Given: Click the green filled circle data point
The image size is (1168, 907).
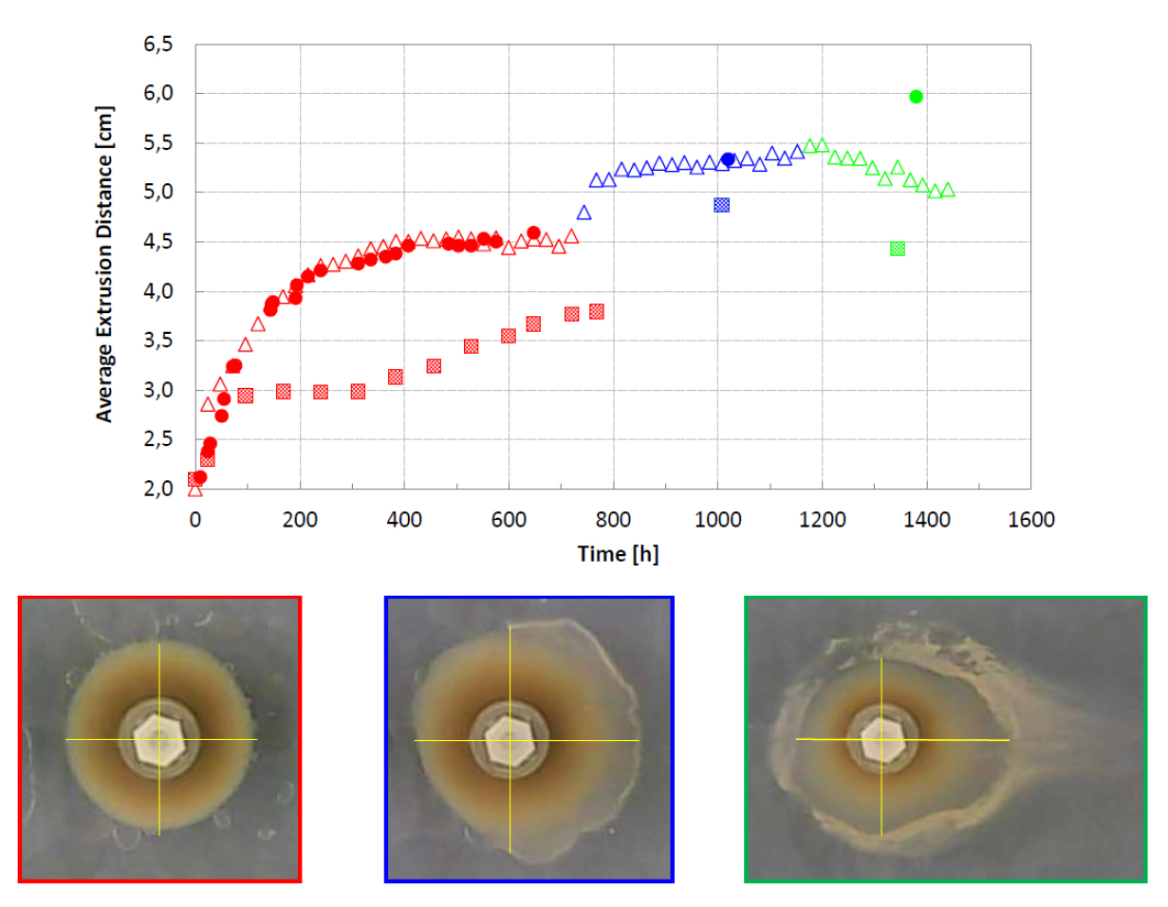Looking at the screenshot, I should (x=916, y=96).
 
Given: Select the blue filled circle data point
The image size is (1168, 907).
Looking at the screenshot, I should (x=728, y=159).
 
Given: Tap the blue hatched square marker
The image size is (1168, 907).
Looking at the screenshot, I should (x=721, y=204).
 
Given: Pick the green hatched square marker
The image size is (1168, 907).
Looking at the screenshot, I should (x=898, y=249).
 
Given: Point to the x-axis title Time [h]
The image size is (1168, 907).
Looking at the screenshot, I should (x=618, y=554).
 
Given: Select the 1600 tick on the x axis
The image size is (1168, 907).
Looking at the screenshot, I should (x=1030, y=520).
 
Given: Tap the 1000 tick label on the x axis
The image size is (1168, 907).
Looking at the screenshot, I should (x=717, y=520).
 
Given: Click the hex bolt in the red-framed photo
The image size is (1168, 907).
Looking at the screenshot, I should (x=158, y=738).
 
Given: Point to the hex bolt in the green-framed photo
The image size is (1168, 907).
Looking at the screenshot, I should (x=881, y=738).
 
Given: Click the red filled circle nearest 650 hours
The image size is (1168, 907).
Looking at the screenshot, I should (x=533, y=232).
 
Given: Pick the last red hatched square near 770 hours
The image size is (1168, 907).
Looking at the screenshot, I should (x=597, y=311).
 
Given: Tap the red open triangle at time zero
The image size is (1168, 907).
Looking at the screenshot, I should (x=195, y=490).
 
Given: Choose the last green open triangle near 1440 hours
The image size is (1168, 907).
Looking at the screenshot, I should (x=947, y=190).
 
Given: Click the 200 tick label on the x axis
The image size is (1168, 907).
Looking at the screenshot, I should (x=300, y=520).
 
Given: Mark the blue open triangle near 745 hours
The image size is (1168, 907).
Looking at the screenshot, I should (x=584, y=213).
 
